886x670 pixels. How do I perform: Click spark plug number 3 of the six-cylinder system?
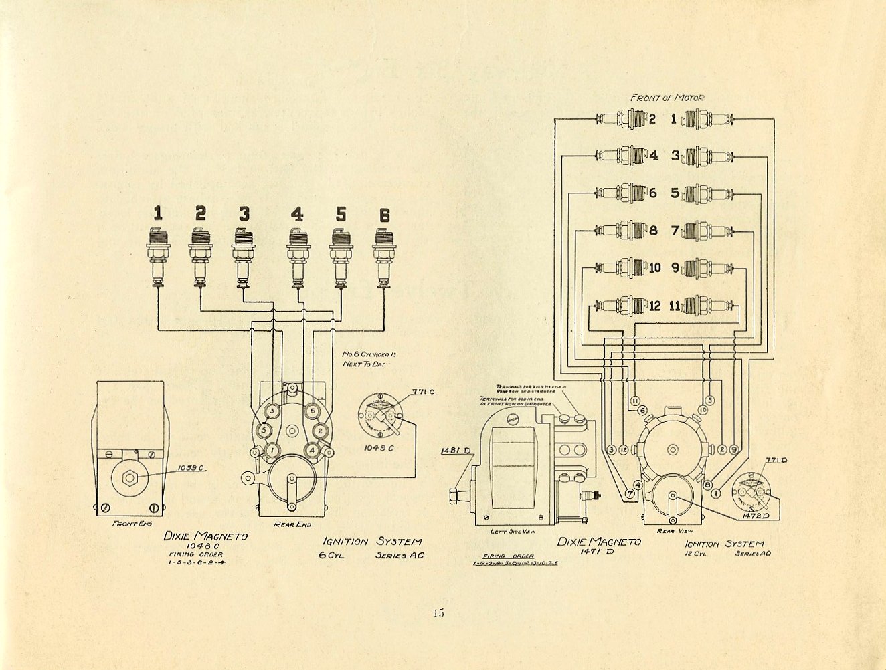coord(244,257)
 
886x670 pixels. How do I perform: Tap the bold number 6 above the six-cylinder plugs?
coord(384,215)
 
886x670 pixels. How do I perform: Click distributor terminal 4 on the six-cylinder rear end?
coord(313,451)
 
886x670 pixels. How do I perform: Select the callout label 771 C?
coord(424,391)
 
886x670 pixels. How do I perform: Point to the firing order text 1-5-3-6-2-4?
coord(197,562)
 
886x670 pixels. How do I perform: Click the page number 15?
coord(438,612)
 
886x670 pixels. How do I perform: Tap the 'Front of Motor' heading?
coord(667,98)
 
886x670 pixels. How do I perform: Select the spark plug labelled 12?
coord(622,306)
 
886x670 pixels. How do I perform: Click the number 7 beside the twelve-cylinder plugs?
coord(675,231)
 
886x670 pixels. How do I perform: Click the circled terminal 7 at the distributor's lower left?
coord(630,495)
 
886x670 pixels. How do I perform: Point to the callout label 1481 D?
coord(452,451)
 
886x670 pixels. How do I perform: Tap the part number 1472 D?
coord(755,516)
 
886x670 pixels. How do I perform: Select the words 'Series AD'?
coord(753,553)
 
